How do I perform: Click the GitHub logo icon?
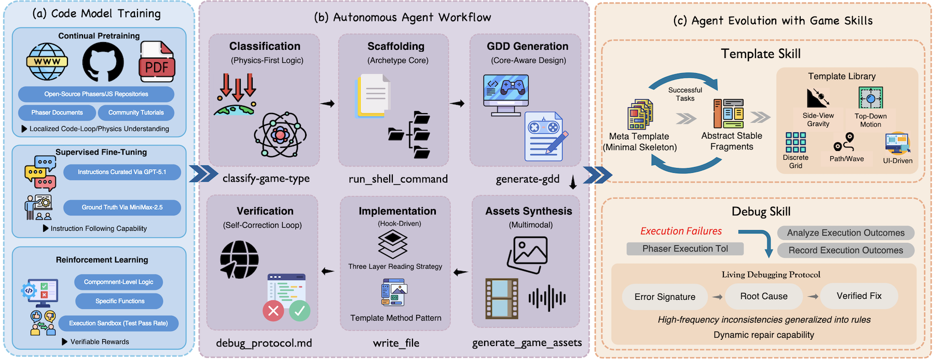(103, 62)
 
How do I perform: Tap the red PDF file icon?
(156, 62)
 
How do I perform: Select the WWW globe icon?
(47, 62)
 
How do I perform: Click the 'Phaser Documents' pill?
(57, 113)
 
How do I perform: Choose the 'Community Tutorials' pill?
(136, 113)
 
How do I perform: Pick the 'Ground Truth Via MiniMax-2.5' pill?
(122, 207)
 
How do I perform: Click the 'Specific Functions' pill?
(119, 301)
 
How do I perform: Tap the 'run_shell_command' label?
(398, 179)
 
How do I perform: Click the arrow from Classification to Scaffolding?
(327, 104)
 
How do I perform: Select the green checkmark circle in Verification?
(299, 311)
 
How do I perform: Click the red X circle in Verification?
(273, 311)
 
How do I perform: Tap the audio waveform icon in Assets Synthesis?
(547, 298)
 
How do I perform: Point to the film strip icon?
(501, 298)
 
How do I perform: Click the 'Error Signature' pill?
(665, 297)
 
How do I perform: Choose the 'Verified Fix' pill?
(859, 296)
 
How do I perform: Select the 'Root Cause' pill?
(764, 296)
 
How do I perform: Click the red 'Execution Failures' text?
(681, 231)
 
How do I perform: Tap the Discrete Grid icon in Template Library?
(795, 142)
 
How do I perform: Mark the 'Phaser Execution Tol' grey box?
(685, 249)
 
